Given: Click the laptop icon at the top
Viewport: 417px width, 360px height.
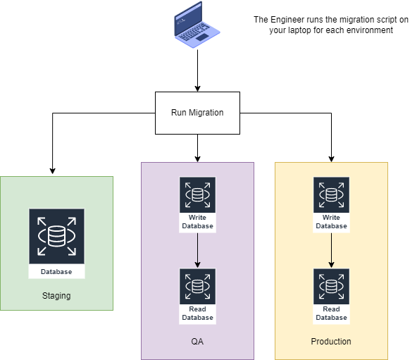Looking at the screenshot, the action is [x=197, y=25].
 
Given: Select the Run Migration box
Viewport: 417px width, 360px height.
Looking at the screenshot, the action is [x=197, y=113].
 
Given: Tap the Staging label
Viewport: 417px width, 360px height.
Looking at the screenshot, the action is [x=56, y=296].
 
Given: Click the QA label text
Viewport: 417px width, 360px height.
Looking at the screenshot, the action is [x=197, y=342].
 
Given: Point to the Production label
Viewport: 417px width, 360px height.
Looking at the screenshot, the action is [x=331, y=342].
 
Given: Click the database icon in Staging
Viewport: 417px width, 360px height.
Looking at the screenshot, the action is [x=56, y=244].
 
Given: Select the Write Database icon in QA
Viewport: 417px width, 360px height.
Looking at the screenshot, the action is [x=197, y=204].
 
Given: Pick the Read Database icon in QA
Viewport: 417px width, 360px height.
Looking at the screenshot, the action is [x=197, y=296].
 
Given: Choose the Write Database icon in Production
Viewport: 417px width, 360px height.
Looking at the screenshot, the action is [x=331, y=204].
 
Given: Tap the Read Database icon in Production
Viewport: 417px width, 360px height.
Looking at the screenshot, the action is [x=331, y=296].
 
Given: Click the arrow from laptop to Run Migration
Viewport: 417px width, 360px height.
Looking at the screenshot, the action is [x=197, y=70].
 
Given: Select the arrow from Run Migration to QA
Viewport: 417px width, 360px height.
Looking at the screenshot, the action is [x=197, y=148].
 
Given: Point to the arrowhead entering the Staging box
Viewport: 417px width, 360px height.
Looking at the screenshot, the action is [x=52, y=171].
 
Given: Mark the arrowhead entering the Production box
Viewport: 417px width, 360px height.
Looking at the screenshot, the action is [x=331, y=159].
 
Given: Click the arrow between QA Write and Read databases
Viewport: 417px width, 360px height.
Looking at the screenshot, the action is [x=197, y=250].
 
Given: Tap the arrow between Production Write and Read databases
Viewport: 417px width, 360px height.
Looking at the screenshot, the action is [x=331, y=250].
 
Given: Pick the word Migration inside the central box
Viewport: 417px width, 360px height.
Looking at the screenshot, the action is [x=206, y=113].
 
